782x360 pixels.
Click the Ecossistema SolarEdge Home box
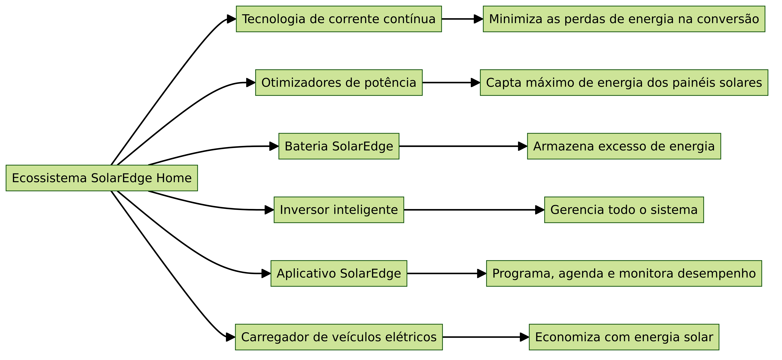pos(102,178)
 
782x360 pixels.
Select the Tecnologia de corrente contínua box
pos(339,19)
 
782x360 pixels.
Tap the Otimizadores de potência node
pos(339,83)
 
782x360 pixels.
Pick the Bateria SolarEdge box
pos(339,146)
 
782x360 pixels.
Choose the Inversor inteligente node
pos(339,210)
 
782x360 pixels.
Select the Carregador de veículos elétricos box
pos(339,337)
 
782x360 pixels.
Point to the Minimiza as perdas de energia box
pos(624,19)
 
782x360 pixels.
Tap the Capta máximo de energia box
pos(624,83)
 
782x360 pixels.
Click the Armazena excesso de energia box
pos(624,146)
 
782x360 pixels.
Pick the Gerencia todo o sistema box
pos(624,210)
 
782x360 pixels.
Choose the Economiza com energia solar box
pos(624,337)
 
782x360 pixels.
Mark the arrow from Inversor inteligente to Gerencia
pos(474,210)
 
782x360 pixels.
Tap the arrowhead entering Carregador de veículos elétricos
pos(231,337)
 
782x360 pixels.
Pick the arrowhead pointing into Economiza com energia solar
pos(524,337)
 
